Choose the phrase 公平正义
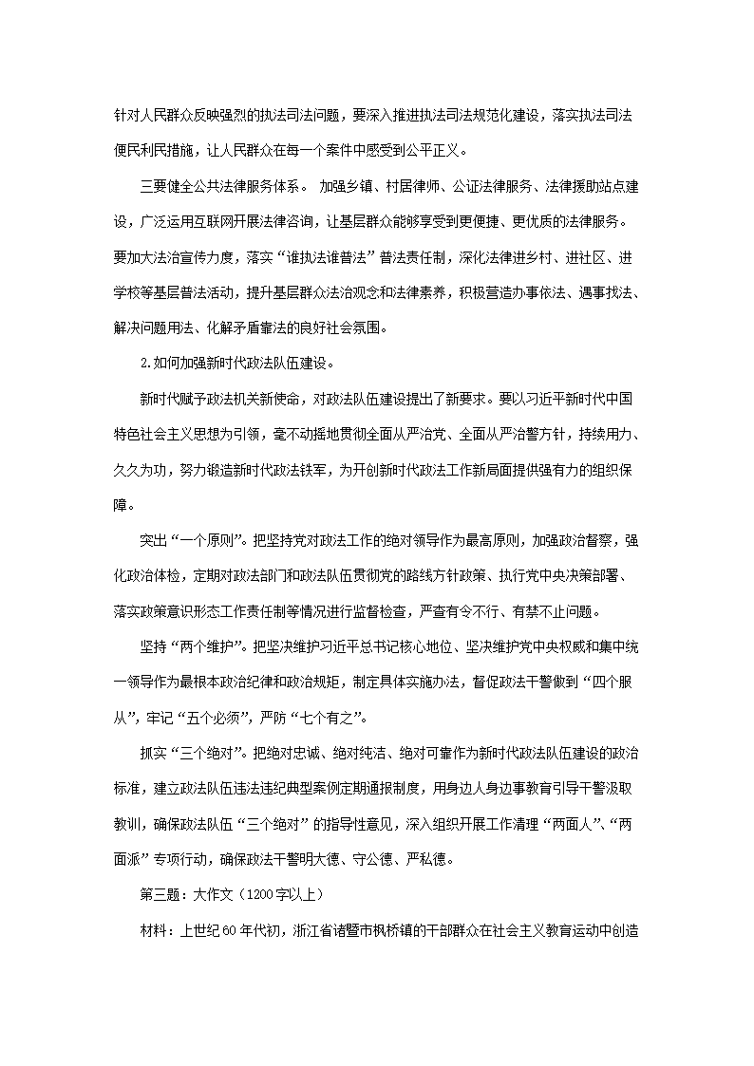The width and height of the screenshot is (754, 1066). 436,149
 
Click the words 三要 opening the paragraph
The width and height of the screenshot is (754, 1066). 153,186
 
